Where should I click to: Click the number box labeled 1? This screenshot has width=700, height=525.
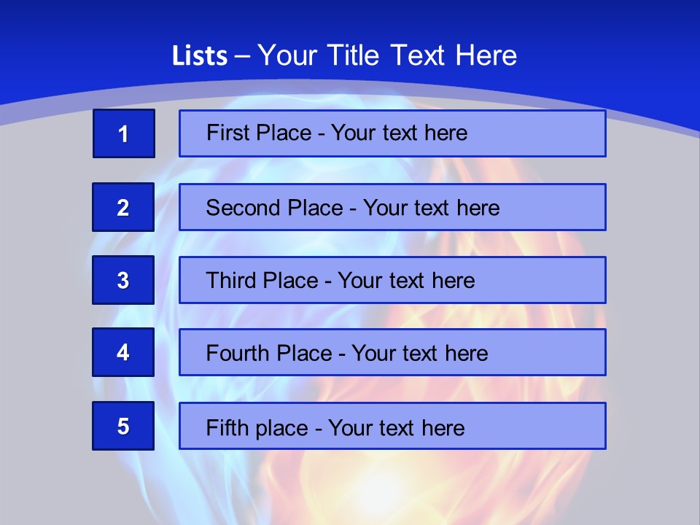click(x=123, y=133)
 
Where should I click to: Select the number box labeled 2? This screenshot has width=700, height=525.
click(x=123, y=207)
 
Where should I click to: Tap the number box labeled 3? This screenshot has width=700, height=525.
click(x=123, y=280)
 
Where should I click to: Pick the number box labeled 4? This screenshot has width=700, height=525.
click(x=123, y=353)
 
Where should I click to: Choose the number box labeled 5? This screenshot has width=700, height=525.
click(x=123, y=426)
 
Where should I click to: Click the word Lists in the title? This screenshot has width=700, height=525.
click(x=200, y=56)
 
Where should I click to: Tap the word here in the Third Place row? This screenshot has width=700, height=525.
click(x=453, y=281)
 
